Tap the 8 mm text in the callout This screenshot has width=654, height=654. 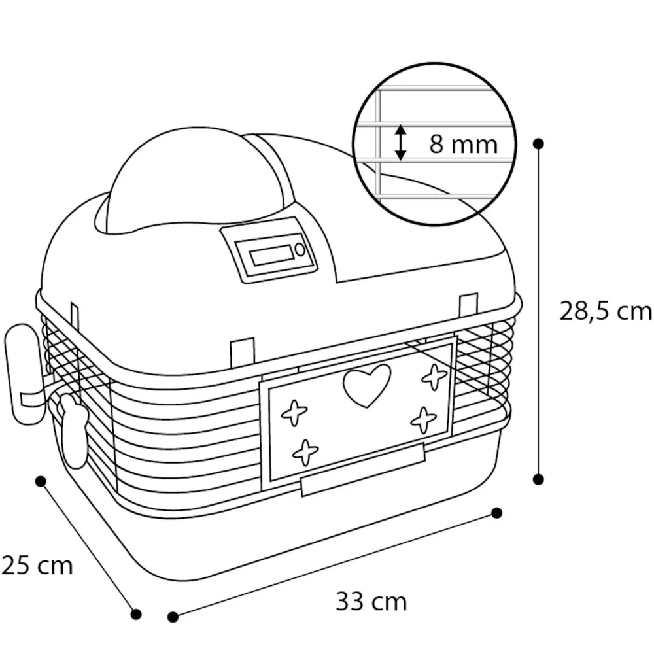(x=463, y=144)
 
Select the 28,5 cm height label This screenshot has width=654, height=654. (x=605, y=311)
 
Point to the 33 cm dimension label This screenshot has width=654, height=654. (x=371, y=601)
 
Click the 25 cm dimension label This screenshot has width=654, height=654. (x=37, y=565)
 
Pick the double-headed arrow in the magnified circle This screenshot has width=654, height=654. (x=400, y=143)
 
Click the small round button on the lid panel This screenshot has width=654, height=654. (x=300, y=249)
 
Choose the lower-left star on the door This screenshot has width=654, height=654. (x=305, y=452)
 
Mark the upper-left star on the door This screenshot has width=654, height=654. (x=294, y=413)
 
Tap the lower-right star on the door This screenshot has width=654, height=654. (x=423, y=419)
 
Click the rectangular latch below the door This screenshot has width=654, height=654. (x=362, y=468)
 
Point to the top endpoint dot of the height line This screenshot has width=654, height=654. (x=538, y=143)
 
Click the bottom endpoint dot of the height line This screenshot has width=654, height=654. (x=538, y=479)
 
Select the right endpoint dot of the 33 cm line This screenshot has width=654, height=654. (x=496, y=512)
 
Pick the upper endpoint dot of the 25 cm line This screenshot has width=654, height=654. (x=41, y=481)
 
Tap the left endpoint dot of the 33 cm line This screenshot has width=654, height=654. (x=173, y=617)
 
